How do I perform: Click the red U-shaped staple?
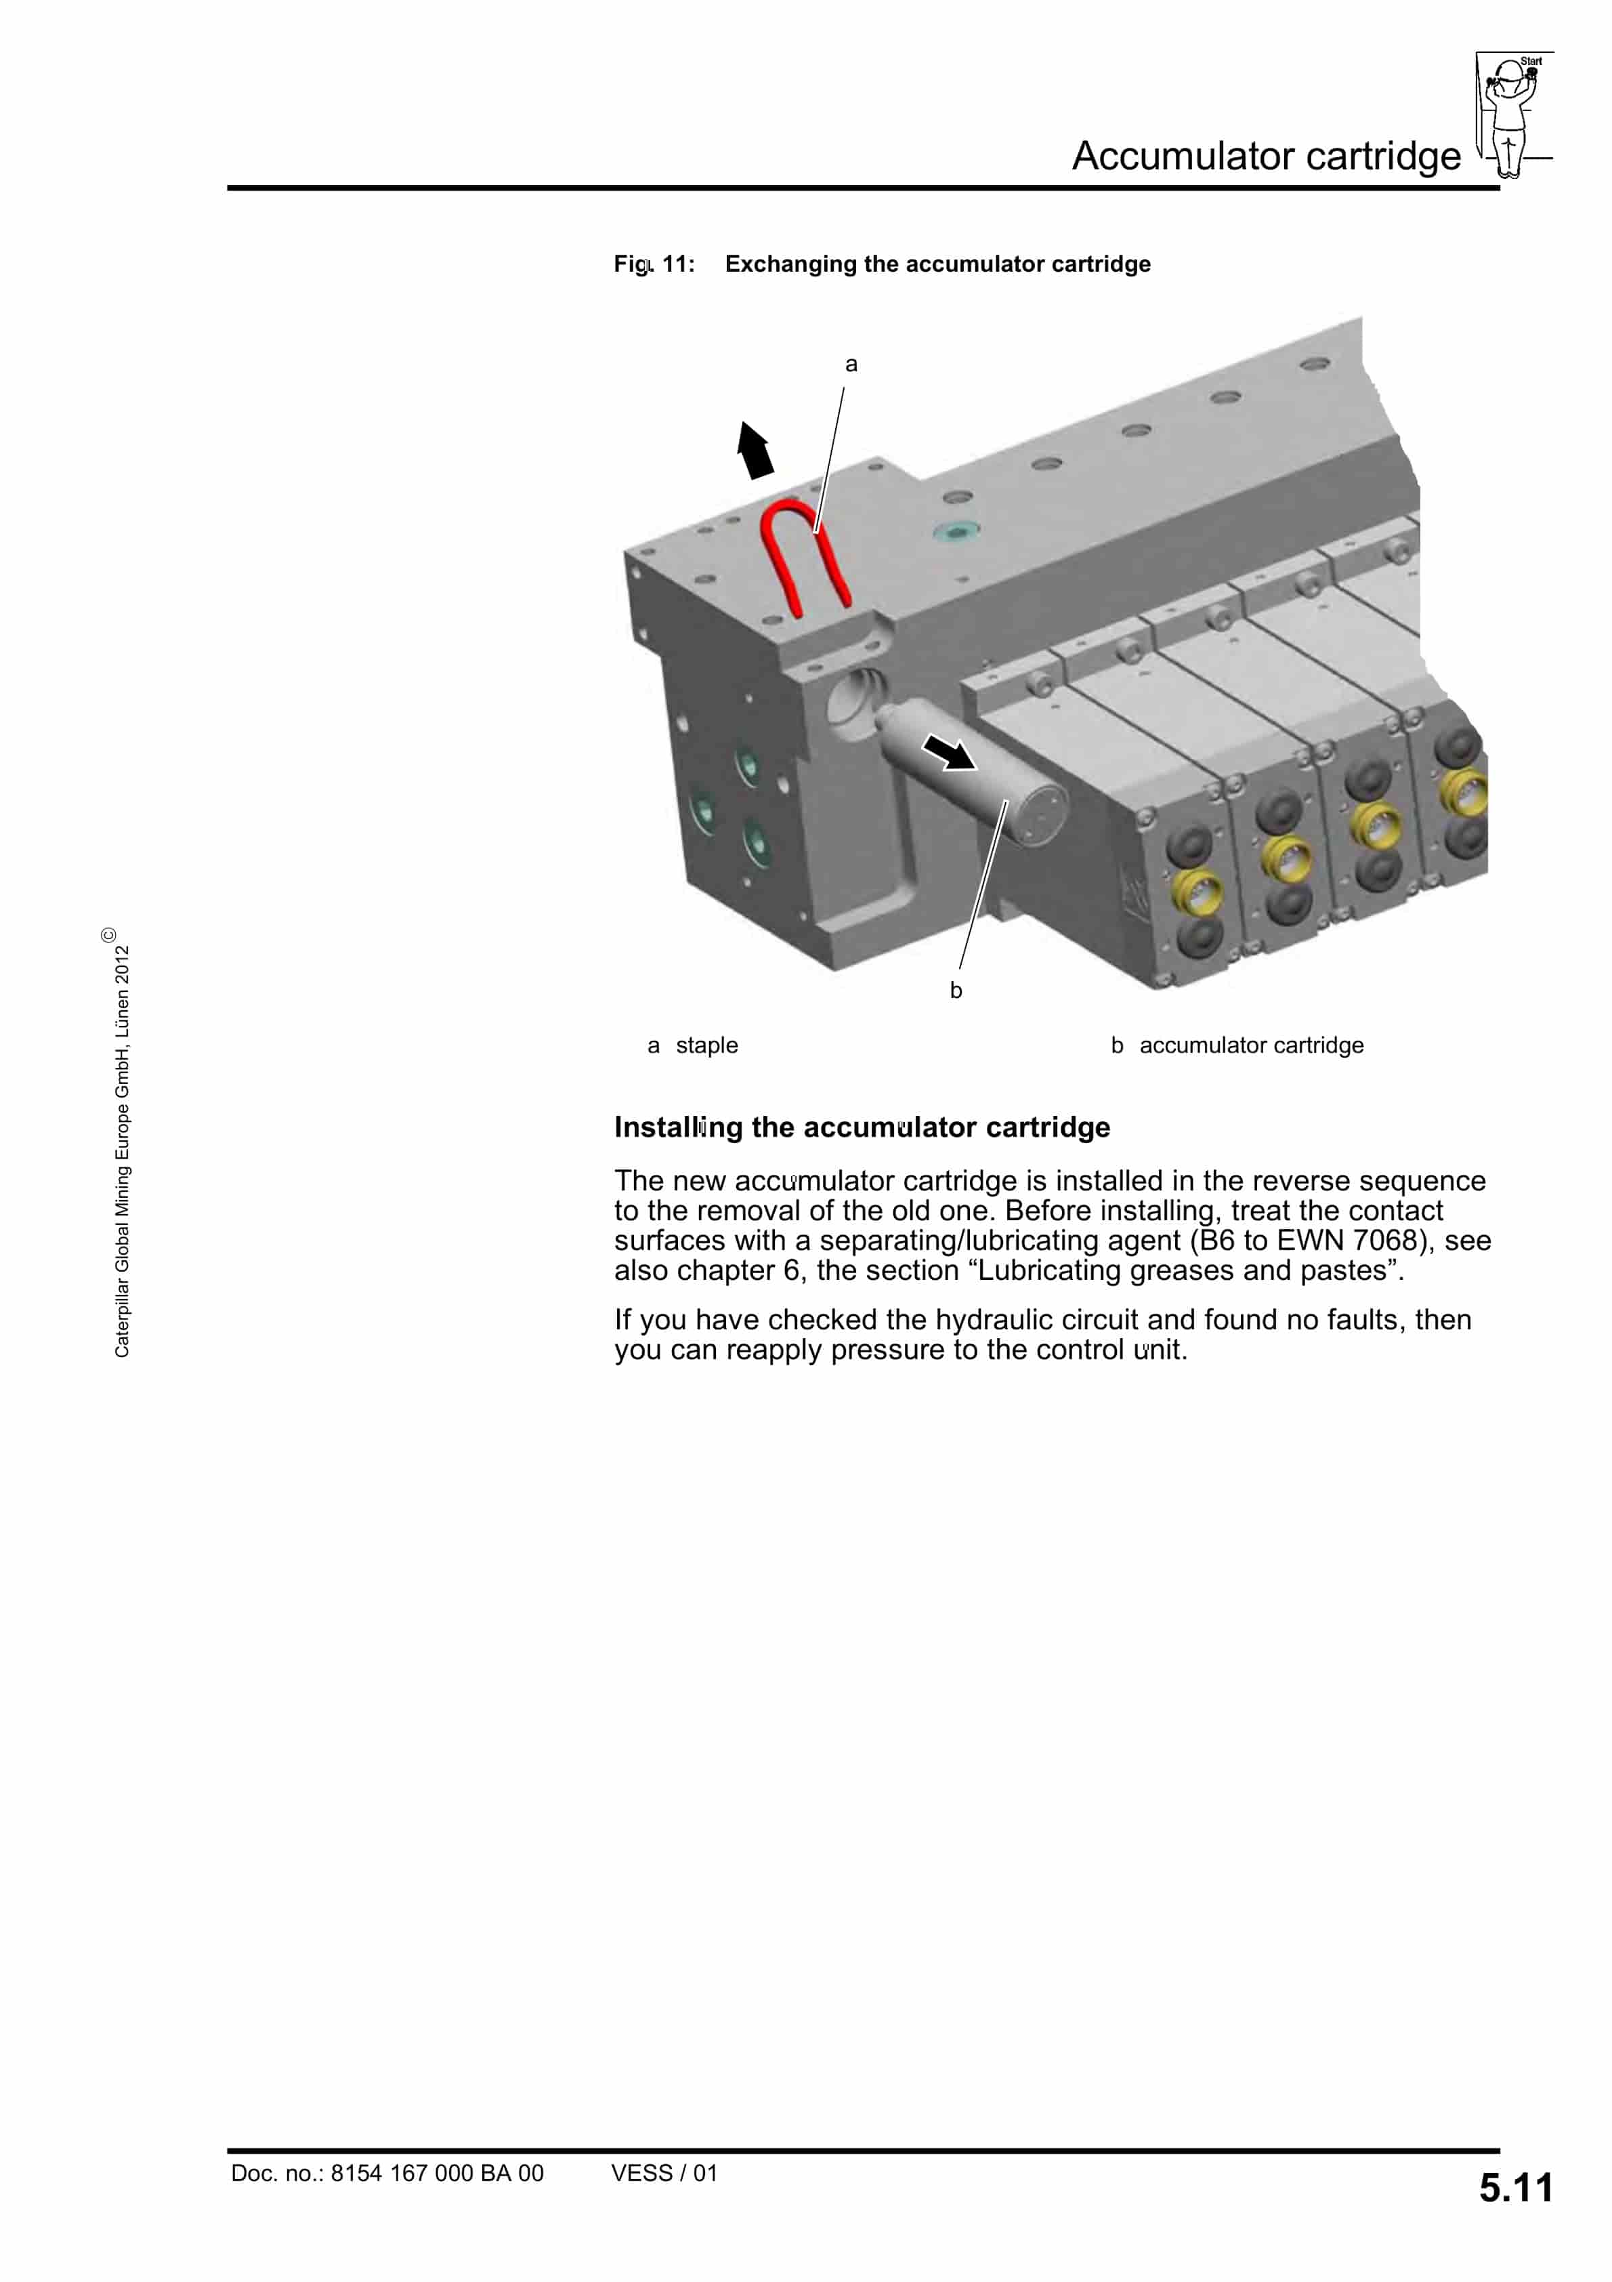(780, 556)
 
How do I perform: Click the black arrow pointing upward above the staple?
(755, 451)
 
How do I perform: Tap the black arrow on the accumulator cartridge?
(949, 751)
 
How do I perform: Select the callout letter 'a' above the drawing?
(851, 365)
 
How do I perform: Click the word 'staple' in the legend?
(706, 1045)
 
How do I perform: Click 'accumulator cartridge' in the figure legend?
(1250, 1045)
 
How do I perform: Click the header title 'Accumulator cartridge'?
(1265, 156)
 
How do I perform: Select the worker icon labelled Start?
(1510, 115)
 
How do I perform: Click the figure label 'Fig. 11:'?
(654, 264)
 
